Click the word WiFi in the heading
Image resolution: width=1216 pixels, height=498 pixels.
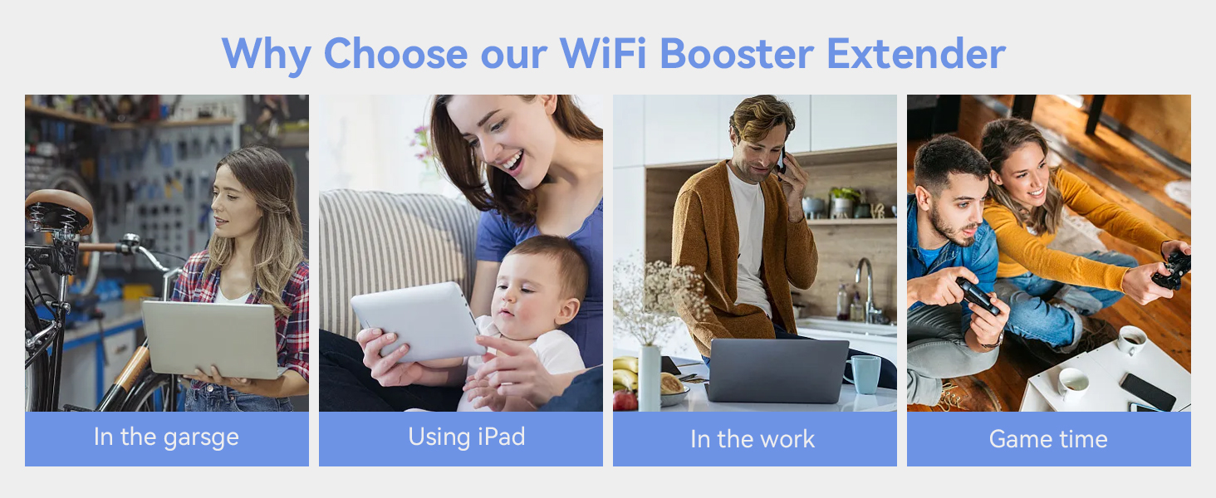(603, 53)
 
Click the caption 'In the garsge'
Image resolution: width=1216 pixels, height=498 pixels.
(166, 437)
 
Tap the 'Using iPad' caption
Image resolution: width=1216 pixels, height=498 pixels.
(466, 437)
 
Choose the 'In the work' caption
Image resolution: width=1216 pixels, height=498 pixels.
(753, 439)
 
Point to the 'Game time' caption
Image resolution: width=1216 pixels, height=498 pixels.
(1048, 439)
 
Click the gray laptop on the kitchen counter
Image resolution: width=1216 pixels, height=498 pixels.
(777, 370)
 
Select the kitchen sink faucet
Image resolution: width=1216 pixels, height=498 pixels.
(865, 286)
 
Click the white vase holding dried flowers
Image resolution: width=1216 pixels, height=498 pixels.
(649, 377)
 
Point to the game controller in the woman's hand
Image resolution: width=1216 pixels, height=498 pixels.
(1172, 271)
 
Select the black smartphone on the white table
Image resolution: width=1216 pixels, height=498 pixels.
(1147, 390)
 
